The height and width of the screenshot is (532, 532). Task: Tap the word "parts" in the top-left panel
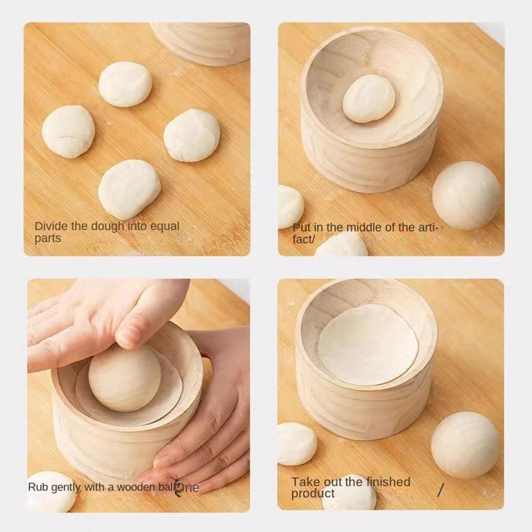coord(48,238)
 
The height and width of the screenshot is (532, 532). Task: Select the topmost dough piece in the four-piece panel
coord(125,84)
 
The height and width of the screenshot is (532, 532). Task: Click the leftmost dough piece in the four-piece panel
coord(68,131)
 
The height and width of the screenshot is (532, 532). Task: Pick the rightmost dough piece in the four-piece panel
coord(192,135)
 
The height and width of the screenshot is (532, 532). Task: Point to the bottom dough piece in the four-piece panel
coord(129,189)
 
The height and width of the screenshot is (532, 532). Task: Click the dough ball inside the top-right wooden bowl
coord(369,99)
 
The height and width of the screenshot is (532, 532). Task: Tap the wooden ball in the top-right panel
coord(467,195)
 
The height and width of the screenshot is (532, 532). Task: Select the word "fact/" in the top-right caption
coord(304,240)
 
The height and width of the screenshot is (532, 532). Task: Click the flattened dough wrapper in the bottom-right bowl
coord(368,345)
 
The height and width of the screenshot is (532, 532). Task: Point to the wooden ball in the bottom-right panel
coord(465,445)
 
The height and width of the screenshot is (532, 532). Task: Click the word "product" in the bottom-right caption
coord(313,494)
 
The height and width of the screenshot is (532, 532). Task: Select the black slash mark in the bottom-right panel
coord(441,489)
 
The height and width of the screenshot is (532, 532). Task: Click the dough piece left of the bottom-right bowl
coord(296,443)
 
